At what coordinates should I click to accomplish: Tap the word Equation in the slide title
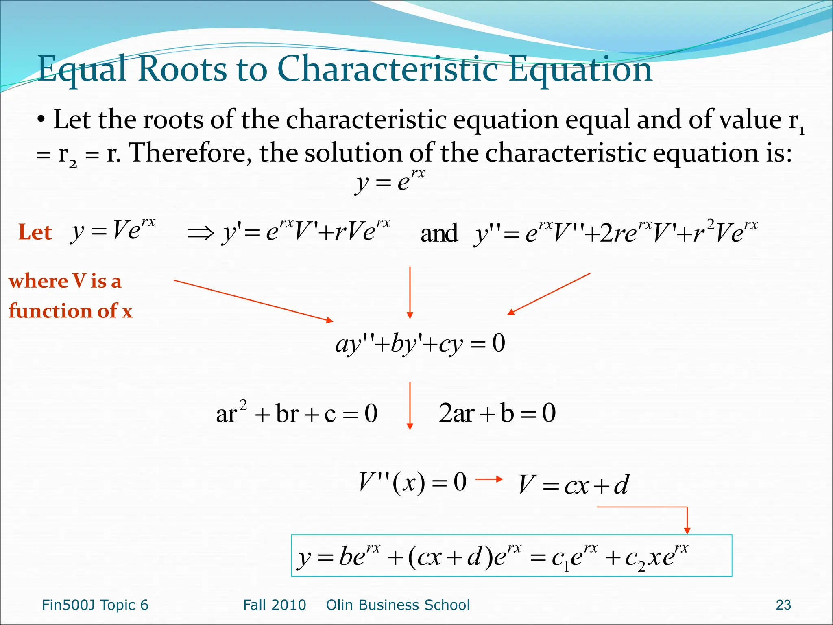tap(580, 69)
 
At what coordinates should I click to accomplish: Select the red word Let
tap(35, 233)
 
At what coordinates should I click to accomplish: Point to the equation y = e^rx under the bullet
tap(390, 181)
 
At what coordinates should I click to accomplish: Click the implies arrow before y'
tap(201, 233)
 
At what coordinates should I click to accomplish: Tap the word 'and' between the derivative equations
tap(439, 234)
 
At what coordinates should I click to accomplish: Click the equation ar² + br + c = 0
tap(297, 413)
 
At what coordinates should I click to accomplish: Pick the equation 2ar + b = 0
tap(497, 413)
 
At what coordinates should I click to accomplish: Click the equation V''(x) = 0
tap(412, 483)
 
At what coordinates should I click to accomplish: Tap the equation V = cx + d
tap(574, 485)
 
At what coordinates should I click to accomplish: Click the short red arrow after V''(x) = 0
tap(489, 479)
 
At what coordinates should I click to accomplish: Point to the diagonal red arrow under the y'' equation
tap(549, 293)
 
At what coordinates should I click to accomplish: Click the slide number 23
tap(783, 605)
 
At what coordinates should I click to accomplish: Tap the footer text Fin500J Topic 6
tap(95, 605)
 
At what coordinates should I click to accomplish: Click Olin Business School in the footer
tap(398, 605)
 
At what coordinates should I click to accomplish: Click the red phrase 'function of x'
tap(71, 311)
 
